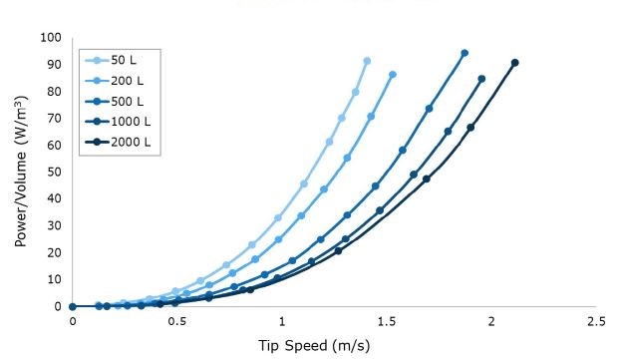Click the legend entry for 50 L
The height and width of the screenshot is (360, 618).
[x=117, y=60]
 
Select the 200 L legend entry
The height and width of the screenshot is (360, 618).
[x=120, y=80]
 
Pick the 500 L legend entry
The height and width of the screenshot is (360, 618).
[x=120, y=101]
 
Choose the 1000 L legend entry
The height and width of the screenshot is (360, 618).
[x=123, y=121]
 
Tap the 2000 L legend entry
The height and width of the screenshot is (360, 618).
[x=123, y=142]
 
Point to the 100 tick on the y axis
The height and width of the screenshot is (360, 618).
[x=52, y=38]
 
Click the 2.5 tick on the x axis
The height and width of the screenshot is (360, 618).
[x=596, y=322]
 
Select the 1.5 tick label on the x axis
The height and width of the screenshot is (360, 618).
[x=387, y=322]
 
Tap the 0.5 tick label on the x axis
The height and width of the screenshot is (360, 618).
[x=177, y=322]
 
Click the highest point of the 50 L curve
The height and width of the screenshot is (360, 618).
[x=367, y=61]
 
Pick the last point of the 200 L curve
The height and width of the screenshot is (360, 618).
[x=393, y=75]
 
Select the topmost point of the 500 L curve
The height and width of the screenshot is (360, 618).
[x=464, y=53]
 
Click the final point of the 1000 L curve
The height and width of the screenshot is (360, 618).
[x=481, y=79]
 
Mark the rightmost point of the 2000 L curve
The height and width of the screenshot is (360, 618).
[x=515, y=63]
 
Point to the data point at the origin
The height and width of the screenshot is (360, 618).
[x=73, y=306]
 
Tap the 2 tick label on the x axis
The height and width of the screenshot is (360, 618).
[x=491, y=322]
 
